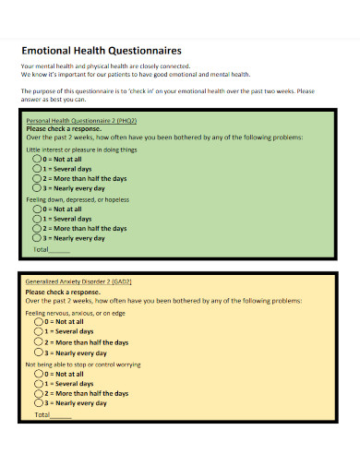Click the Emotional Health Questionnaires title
pyautogui.click(x=101, y=52)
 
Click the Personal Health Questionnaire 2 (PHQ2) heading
pyautogui.click(x=81, y=121)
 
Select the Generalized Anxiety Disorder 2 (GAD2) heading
pyautogui.click(x=78, y=281)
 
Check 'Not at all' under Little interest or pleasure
pyautogui.click(x=38, y=159)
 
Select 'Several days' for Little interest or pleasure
pyautogui.click(x=38, y=169)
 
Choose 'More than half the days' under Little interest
pyautogui.click(x=38, y=178)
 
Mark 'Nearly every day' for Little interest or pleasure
pyautogui.click(x=38, y=188)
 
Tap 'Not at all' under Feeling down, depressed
pyautogui.click(x=38, y=209)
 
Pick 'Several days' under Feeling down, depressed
pyautogui.click(x=38, y=219)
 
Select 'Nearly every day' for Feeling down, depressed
pyautogui.click(x=38, y=238)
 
